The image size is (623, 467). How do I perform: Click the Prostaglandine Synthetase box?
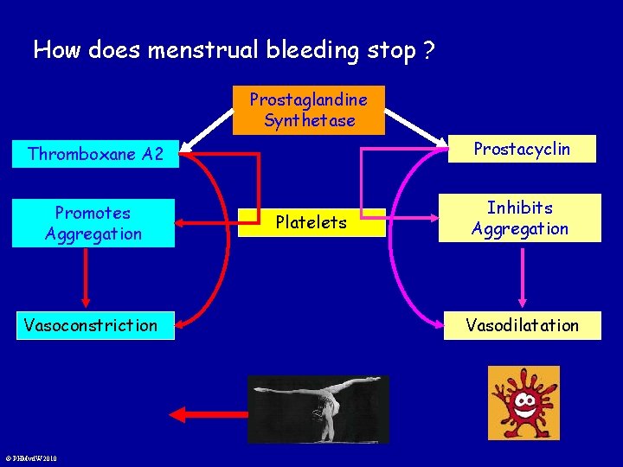click(308, 110)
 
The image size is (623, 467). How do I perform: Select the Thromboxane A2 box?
click(95, 154)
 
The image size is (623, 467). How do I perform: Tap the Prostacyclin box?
click(521, 149)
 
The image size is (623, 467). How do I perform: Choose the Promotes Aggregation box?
click(93, 223)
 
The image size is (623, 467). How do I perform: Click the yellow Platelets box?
click(311, 222)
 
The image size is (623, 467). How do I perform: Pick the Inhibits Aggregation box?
click(521, 218)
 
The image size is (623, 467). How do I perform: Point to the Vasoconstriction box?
click(91, 325)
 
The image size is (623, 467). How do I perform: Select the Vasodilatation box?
click(522, 325)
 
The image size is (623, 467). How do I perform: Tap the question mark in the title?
click(428, 50)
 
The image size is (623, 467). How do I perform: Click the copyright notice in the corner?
click(30, 458)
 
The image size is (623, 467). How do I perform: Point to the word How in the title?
click(56, 50)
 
